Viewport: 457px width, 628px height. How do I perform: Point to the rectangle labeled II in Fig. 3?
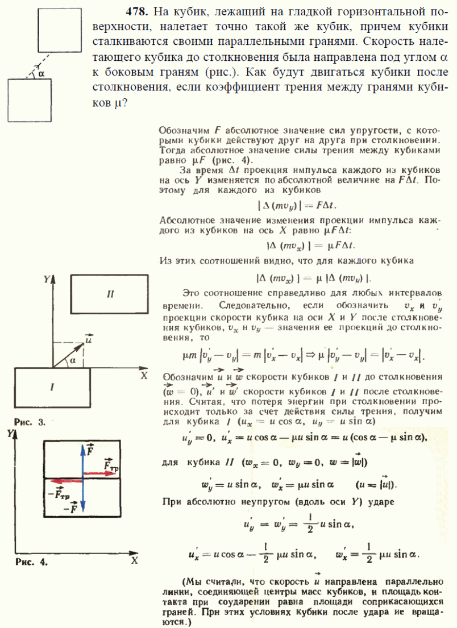110,294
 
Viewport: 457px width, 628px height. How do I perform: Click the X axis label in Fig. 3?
144,376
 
